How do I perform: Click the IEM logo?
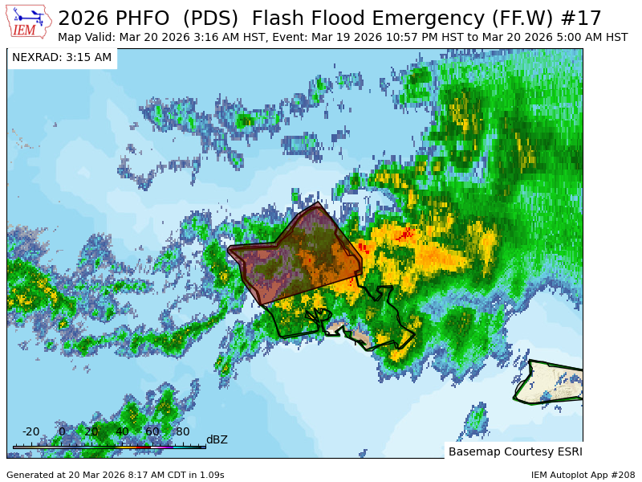pos(29,22)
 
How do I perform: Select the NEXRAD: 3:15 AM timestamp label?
pos(62,57)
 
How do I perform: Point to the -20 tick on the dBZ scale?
pos(31,431)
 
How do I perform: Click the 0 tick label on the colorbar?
pos(62,431)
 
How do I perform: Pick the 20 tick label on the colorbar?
pos(91,431)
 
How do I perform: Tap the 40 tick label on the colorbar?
pos(122,431)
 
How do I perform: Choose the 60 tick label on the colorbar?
pos(152,431)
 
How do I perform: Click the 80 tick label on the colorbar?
pos(183,431)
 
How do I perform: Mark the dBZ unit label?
pos(217,439)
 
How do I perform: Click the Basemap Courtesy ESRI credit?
pos(515,451)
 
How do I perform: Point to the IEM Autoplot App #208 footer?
pos(583,475)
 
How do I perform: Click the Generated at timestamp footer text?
pos(116,475)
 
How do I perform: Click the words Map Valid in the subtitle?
pos(86,37)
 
